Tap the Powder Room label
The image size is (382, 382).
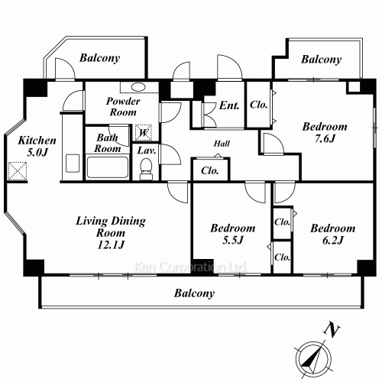coord(121,107)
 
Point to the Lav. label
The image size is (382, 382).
coord(147,151)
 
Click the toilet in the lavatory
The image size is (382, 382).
coord(146,171)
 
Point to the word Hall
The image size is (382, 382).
coord(222,143)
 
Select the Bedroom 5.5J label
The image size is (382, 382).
coord(232,235)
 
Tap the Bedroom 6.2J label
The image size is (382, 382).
coord(332,235)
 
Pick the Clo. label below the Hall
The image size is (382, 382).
coord(210,170)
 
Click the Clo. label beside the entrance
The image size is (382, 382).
coord(258,105)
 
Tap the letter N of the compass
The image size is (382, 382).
coord(331,329)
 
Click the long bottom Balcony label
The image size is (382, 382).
coord(194,293)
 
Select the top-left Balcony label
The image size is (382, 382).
coord(99,58)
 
